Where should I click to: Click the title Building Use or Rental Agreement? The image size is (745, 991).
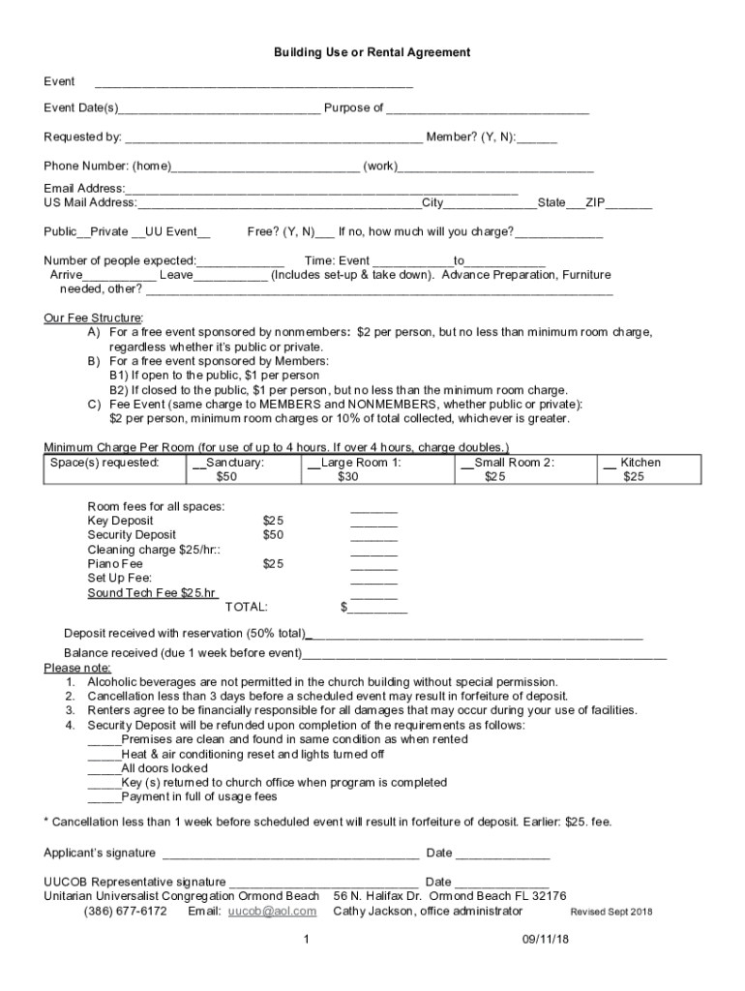(372, 52)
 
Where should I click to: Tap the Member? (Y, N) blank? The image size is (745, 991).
(537, 138)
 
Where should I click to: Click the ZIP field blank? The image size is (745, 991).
(629, 204)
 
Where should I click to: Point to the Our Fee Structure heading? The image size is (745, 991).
(93, 317)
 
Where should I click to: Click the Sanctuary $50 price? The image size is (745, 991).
(226, 476)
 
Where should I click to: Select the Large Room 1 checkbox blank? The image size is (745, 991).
(313, 463)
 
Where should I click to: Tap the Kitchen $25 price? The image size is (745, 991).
(634, 476)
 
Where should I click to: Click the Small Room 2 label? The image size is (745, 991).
(514, 463)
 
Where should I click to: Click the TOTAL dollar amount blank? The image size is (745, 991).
(377, 609)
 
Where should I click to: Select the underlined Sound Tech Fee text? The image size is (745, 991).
(152, 592)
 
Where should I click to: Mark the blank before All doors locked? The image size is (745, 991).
(104, 768)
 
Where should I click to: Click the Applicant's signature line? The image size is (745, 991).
(290, 855)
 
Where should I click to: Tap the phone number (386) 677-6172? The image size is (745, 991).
(125, 911)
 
